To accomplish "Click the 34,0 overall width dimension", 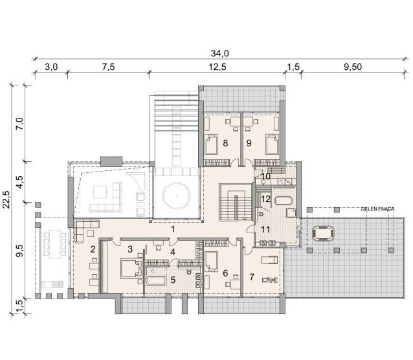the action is click(x=219, y=54).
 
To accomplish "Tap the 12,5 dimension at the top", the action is click(x=218, y=67).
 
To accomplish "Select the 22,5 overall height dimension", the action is click(x=6, y=199).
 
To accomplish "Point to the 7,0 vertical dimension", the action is click(x=21, y=123).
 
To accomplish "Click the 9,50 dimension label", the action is click(x=353, y=67).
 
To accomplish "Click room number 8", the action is click(x=225, y=143).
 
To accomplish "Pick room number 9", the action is click(x=249, y=143).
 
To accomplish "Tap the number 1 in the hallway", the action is click(x=173, y=229).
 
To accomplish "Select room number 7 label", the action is click(x=252, y=277).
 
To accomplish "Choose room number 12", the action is click(x=266, y=199).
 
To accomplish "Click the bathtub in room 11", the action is click(x=284, y=201).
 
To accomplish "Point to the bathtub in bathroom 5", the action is click(x=155, y=280).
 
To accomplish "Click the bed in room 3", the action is click(x=131, y=269).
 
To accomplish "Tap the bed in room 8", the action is click(x=212, y=144).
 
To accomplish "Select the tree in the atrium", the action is click(x=177, y=196).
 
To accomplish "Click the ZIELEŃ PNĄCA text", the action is click(x=377, y=209).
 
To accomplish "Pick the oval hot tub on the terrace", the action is click(x=323, y=233).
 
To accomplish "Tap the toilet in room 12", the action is click(x=260, y=214).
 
